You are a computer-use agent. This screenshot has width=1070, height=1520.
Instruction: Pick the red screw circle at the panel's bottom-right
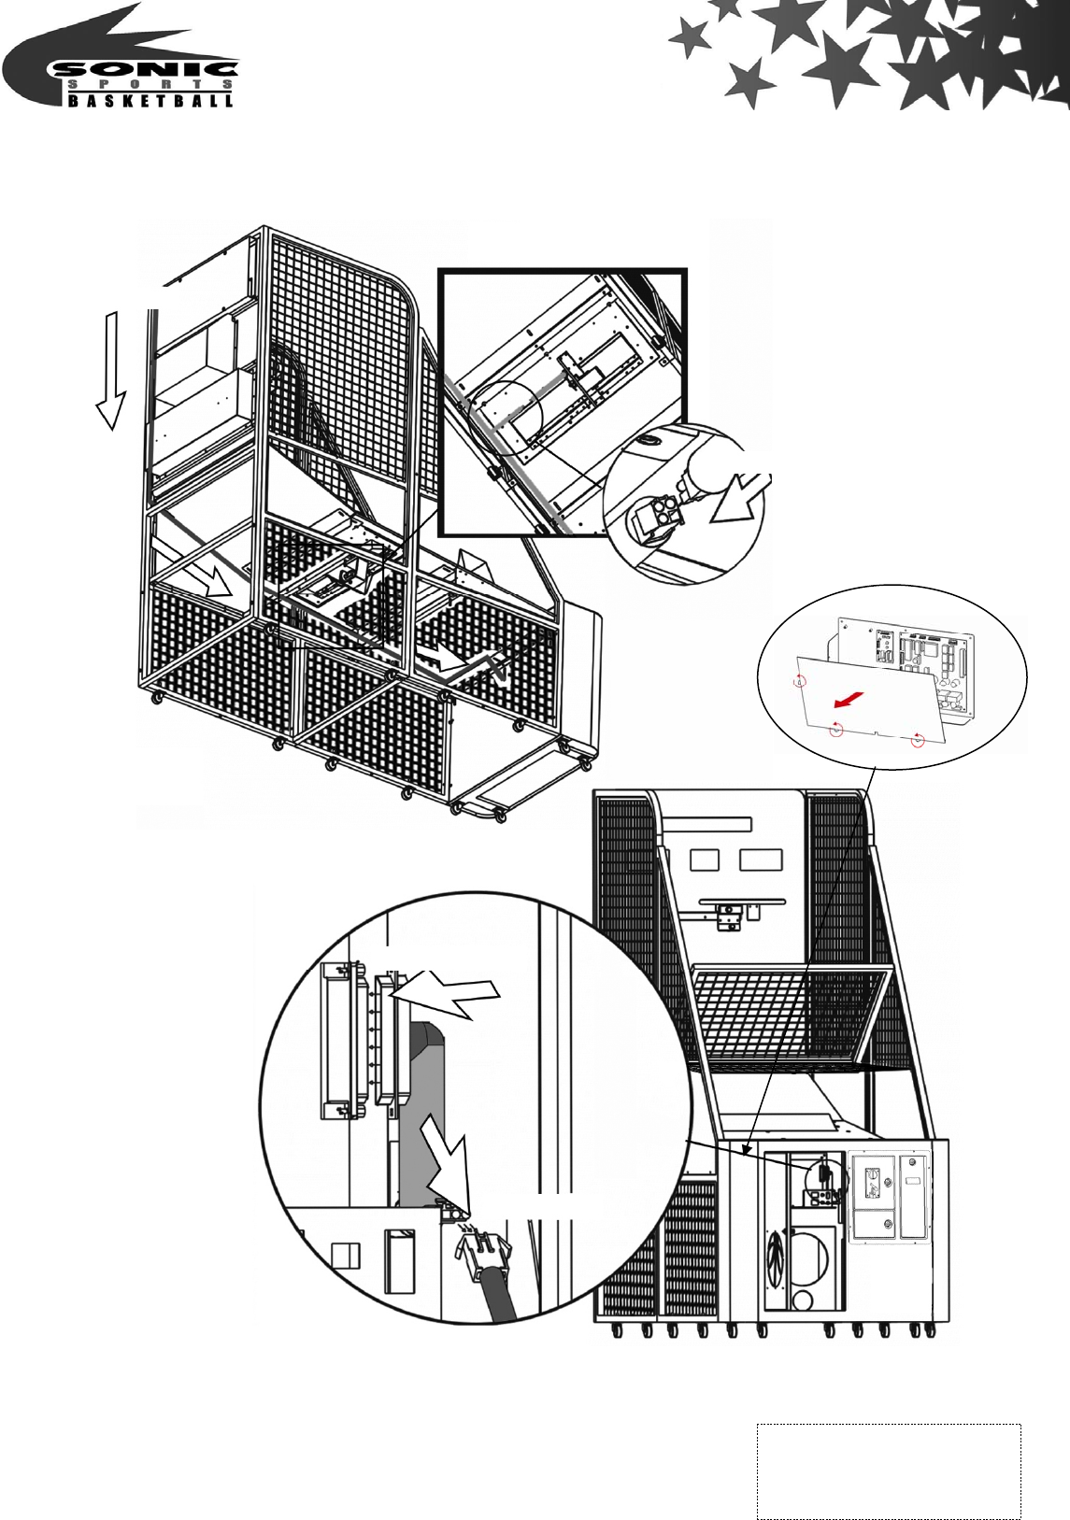point(918,740)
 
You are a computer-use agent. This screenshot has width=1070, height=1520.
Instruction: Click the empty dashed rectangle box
point(889,1470)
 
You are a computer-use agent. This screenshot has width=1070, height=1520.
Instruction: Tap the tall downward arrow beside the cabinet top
point(113,370)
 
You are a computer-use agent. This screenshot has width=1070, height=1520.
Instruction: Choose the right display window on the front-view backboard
point(757,859)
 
